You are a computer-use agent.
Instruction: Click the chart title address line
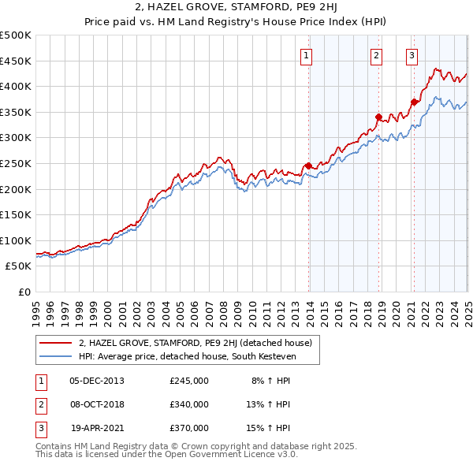click(236, 9)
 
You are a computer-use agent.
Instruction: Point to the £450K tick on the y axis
click(15, 61)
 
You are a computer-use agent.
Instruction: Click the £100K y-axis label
click(15, 240)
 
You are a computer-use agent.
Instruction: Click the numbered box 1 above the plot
click(306, 55)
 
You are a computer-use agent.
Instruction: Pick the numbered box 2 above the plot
click(377, 55)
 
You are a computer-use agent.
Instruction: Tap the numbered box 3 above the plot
click(412, 55)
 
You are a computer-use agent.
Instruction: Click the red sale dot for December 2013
click(309, 166)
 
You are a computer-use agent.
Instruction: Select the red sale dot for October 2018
click(379, 117)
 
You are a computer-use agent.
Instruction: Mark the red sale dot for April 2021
click(415, 102)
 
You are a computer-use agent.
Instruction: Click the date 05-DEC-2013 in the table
click(97, 381)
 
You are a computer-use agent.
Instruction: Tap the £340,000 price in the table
click(189, 404)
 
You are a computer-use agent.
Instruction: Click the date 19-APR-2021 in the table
click(97, 428)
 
